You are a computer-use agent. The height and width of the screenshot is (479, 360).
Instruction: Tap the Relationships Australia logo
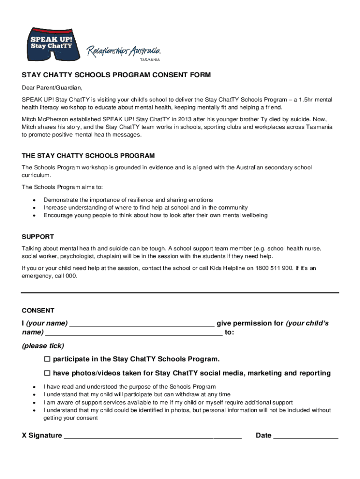124,52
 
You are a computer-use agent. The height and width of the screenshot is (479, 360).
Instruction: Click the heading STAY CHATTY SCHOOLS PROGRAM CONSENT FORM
116,75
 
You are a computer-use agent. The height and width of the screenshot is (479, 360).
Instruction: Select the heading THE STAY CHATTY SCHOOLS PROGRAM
88,155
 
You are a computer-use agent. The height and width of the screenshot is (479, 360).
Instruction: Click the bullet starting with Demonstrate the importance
128,200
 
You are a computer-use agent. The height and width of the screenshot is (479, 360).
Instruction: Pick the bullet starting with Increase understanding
145,208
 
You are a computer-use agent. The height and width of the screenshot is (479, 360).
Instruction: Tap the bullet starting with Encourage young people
155,216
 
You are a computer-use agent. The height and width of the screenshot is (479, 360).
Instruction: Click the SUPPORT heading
38,237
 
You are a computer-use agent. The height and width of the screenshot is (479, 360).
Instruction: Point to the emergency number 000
71,276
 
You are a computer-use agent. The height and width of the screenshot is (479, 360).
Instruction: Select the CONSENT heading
38,311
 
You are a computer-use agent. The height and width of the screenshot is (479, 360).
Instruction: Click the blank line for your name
142,325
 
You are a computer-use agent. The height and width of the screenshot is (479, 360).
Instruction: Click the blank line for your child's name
134,334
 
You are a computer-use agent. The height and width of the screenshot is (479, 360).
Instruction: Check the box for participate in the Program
47,359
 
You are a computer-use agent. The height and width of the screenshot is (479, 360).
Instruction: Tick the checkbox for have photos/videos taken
47,373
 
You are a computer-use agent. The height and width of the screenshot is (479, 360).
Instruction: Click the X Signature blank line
152,437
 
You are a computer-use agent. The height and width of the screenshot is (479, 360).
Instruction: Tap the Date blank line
306,437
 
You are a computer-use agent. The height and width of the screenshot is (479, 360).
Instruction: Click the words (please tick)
43,346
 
